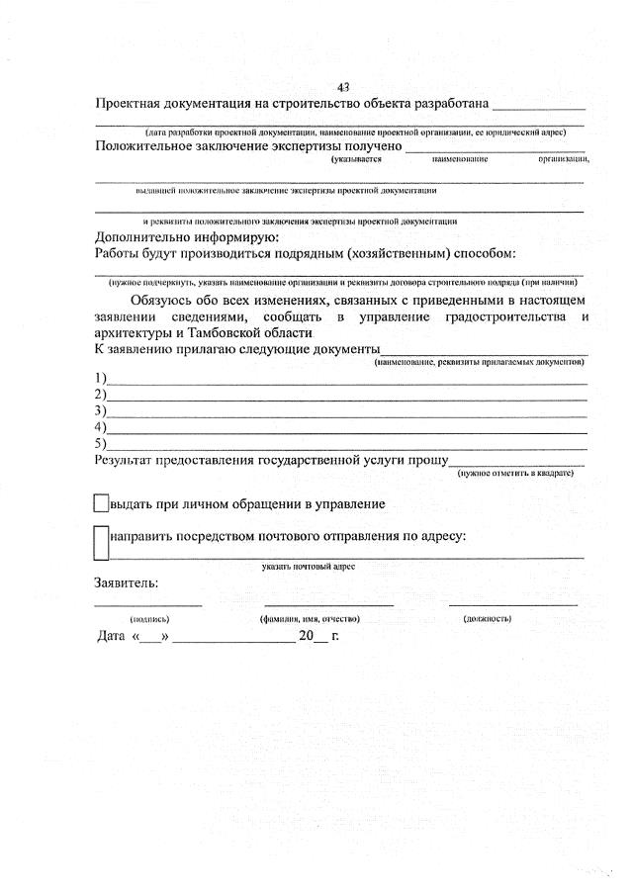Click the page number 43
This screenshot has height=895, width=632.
[x=343, y=86]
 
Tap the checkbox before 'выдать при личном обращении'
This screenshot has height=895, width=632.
[x=100, y=504]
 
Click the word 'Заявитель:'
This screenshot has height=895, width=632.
[x=126, y=583]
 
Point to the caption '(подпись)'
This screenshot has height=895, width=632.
[x=148, y=619]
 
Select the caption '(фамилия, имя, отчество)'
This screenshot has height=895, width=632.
[x=310, y=619]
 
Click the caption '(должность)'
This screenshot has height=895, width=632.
[x=488, y=619]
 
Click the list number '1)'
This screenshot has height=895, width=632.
[x=100, y=378]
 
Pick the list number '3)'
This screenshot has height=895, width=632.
[x=100, y=410]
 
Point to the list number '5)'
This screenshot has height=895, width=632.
[x=100, y=443]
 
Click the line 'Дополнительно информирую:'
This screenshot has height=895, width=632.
[x=187, y=237]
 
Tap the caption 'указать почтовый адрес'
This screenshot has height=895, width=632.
[x=309, y=567]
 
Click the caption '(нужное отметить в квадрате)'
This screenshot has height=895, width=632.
[x=515, y=474]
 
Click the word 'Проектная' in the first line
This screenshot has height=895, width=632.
[x=129, y=103]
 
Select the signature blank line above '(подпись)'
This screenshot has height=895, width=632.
[x=148, y=603]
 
